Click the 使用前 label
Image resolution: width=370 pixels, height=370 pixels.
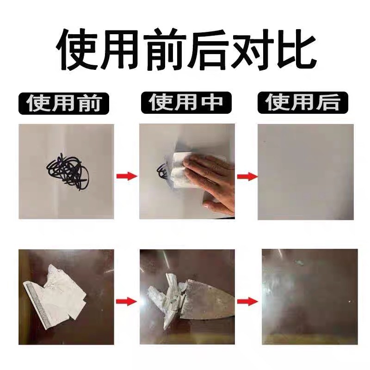point(64,104)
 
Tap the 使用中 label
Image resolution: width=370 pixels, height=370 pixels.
point(185,103)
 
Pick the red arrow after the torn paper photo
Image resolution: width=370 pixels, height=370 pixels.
point(126,302)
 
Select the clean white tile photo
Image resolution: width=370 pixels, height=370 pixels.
point(306,171)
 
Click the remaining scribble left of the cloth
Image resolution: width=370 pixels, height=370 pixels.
point(162,172)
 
